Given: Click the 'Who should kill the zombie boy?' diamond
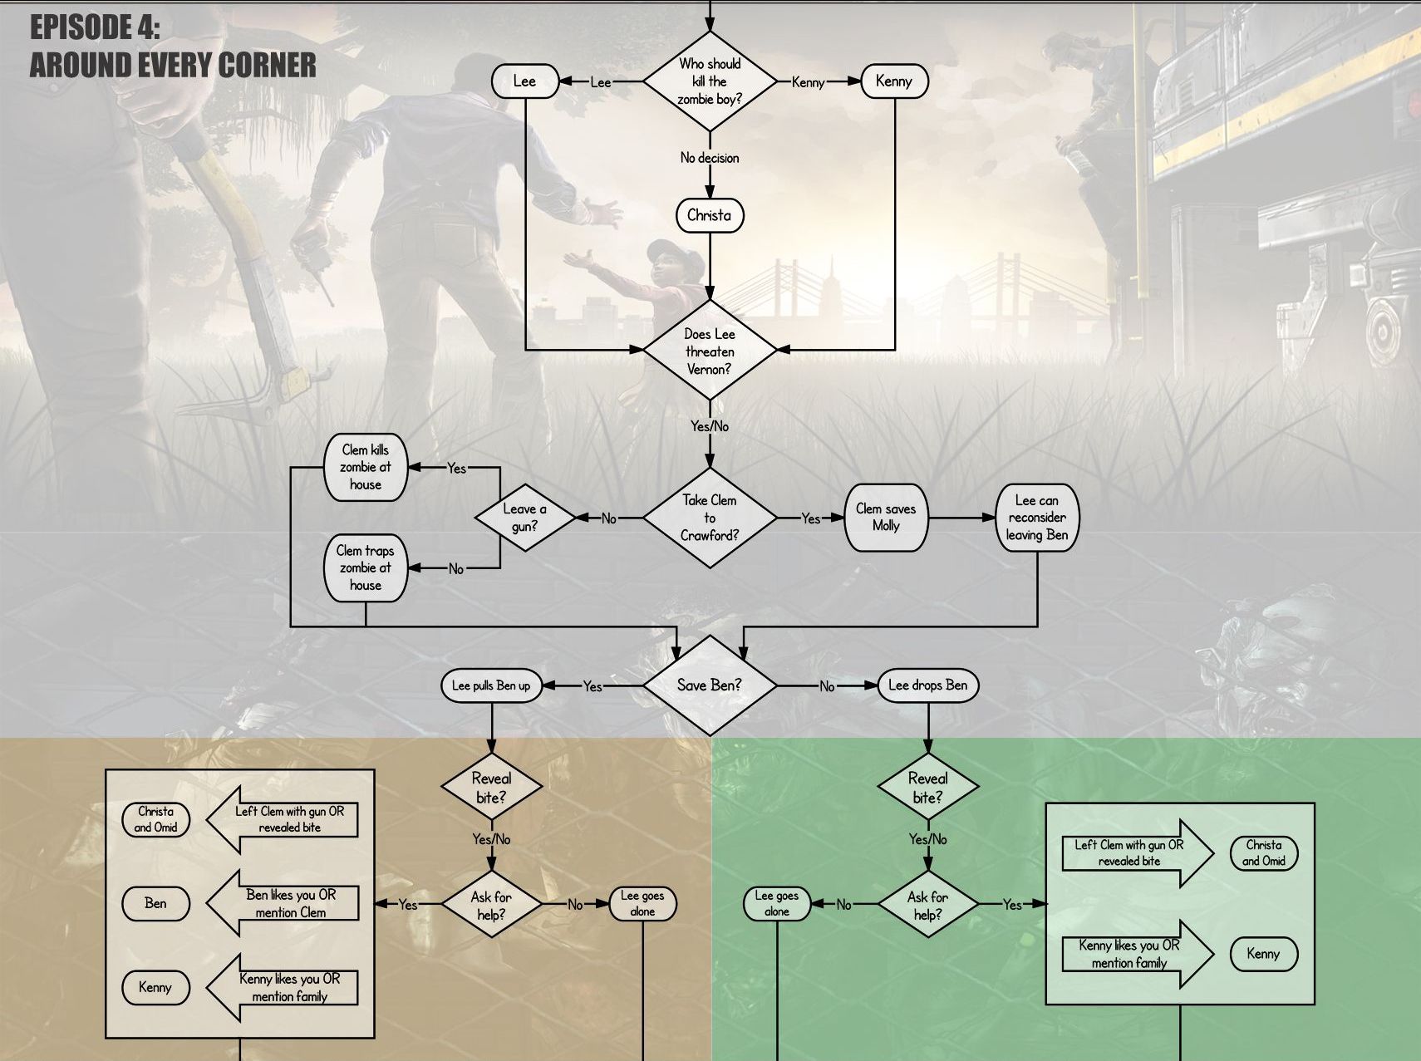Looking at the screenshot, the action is point(710,81).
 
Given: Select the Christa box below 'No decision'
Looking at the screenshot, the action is point(710,216).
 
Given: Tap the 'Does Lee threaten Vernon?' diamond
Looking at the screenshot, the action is point(710,351).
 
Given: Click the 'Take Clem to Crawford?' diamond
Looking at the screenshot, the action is point(710,518).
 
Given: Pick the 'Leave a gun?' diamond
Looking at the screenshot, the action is point(525,518).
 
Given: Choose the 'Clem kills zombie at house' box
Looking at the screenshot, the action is point(366,468).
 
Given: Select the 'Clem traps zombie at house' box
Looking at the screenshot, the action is point(366,568).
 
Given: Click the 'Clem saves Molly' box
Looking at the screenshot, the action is point(886,518).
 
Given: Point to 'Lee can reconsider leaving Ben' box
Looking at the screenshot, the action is point(1037,518).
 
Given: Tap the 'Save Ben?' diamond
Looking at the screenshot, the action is point(710,685).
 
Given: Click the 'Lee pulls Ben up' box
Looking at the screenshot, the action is point(491,685).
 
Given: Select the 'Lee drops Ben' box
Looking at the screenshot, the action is point(928,685).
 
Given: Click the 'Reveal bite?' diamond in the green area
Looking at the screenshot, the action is point(928,787).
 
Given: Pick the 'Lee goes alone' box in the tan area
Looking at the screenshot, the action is point(642,904).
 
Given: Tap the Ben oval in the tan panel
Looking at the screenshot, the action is point(155,904).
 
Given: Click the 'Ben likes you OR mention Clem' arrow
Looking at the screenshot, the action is point(283,904).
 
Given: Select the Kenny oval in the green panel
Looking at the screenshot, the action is point(1264,954).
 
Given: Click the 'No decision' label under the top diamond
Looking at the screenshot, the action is point(710,158).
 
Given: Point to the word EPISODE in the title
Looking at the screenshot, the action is point(82,27).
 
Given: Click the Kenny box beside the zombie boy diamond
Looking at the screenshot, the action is point(894,81).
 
